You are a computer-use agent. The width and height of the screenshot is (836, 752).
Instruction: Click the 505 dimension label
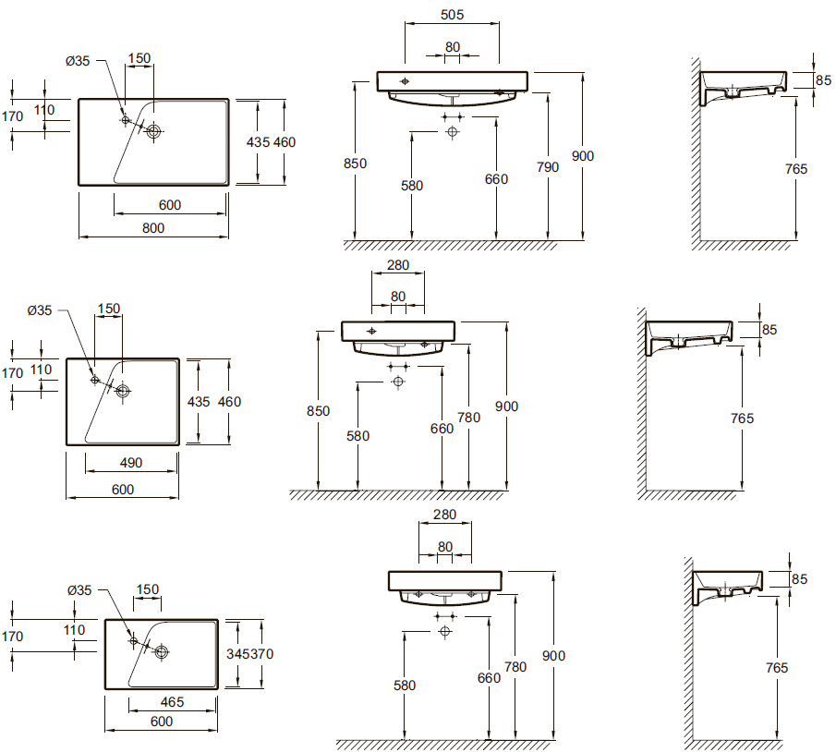point(452,15)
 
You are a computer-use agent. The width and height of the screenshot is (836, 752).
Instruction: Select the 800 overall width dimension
point(153,228)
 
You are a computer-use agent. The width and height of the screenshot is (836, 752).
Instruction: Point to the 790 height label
point(548,167)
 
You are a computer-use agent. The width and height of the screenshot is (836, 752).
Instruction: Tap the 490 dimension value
point(130,463)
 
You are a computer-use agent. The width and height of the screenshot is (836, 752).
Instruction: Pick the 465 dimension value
point(172,702)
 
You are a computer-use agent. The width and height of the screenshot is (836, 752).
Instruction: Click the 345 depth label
point(237,654)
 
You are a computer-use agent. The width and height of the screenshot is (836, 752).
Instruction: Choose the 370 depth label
point(261,654)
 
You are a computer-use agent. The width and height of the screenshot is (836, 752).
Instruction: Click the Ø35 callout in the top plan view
point(78,61)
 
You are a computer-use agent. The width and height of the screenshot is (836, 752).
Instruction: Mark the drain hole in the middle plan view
point(123,391)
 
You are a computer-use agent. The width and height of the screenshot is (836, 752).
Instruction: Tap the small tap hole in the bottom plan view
point(134,640)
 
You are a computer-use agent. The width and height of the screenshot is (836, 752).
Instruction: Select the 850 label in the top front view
point(355,164)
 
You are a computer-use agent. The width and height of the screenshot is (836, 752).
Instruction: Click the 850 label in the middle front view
point(319,411)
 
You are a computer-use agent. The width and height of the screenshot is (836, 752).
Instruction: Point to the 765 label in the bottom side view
point(777,668)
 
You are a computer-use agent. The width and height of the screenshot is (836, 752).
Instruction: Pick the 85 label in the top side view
point(823,80)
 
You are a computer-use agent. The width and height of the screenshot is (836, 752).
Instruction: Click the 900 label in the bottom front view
point(553,656)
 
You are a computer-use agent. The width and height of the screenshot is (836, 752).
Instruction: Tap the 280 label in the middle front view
point(398,265)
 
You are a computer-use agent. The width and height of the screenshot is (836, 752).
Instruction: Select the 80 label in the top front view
point(453,47)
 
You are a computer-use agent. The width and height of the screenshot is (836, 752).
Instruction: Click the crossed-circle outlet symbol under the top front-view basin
point(452,131)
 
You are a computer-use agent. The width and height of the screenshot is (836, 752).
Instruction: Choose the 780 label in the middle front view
point(468,418)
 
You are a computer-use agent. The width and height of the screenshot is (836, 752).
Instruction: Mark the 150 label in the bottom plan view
point(148,589)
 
